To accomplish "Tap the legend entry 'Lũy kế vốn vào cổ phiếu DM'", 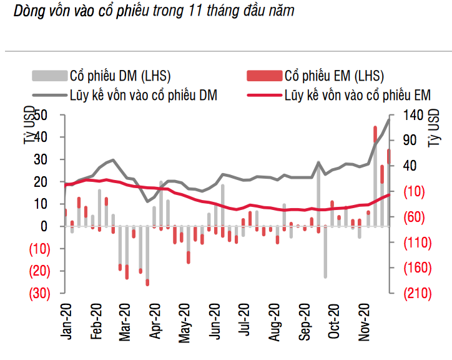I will point(143,95).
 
